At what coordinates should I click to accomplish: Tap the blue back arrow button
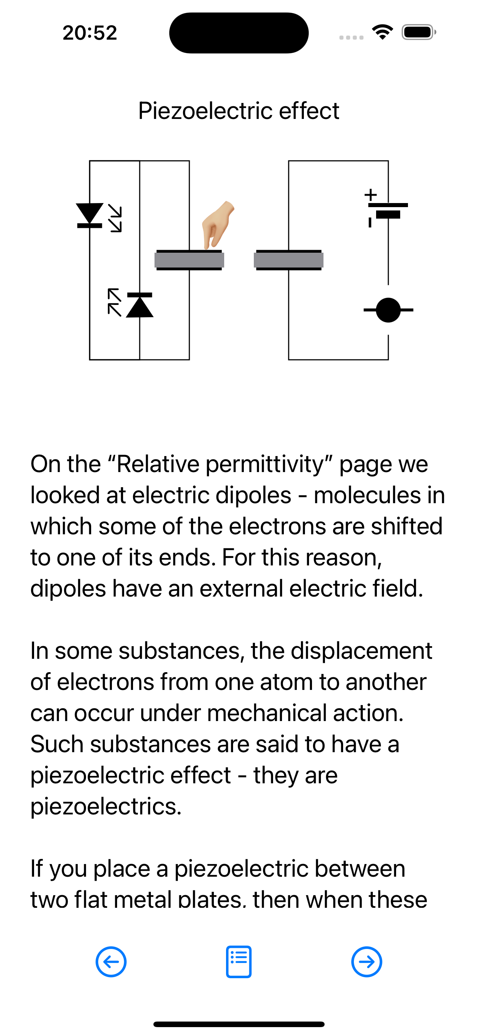click(111, 962)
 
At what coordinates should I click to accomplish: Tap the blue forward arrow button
click(366, 962)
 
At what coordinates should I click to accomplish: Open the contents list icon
click(239, 962)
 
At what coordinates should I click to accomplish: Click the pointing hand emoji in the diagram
click(218, 225)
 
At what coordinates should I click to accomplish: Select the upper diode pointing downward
click(90, 216)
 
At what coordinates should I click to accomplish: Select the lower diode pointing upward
click(140, 305)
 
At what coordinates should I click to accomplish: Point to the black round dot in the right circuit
click(388, 310)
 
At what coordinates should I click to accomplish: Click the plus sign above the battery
click(371, 195)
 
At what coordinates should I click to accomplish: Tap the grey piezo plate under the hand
click(189, 260)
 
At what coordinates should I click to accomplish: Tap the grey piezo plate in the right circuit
click(289, 260)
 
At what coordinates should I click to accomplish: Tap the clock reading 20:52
click(90, 33)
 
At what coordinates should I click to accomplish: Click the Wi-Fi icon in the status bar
click(383, 32)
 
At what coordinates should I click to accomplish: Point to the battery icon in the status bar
click(419, 32)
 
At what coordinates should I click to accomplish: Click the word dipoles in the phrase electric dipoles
click(253, 495)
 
